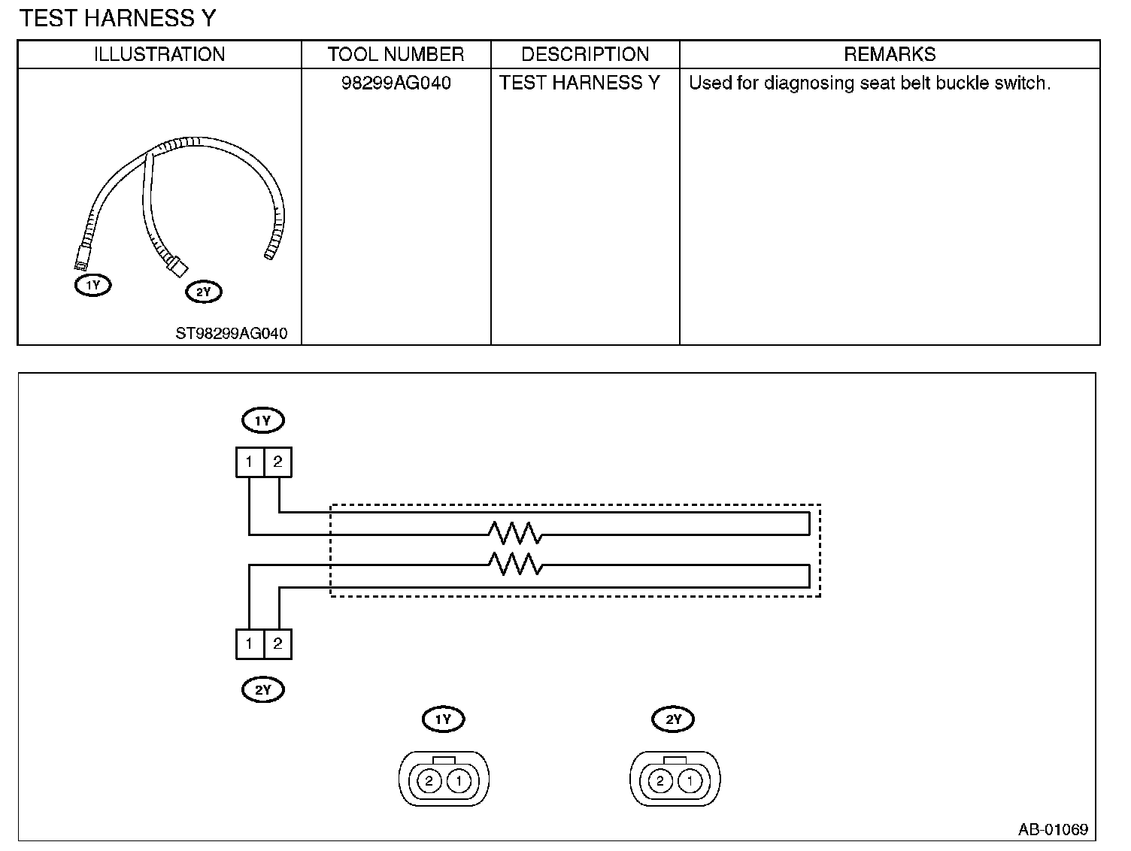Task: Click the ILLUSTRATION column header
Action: [159, 54]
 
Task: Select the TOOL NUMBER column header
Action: [396, 54]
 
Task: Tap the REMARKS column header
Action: [890, 54]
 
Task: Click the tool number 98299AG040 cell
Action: [396, 83]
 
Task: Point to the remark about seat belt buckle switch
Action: [869, 83]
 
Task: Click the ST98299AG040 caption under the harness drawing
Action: [232, 333]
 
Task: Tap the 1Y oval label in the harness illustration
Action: [92, 285]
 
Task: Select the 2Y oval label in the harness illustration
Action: [204, 292]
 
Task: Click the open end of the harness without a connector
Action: [269, 255]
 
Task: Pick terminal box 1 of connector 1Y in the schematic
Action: [250, 462]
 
